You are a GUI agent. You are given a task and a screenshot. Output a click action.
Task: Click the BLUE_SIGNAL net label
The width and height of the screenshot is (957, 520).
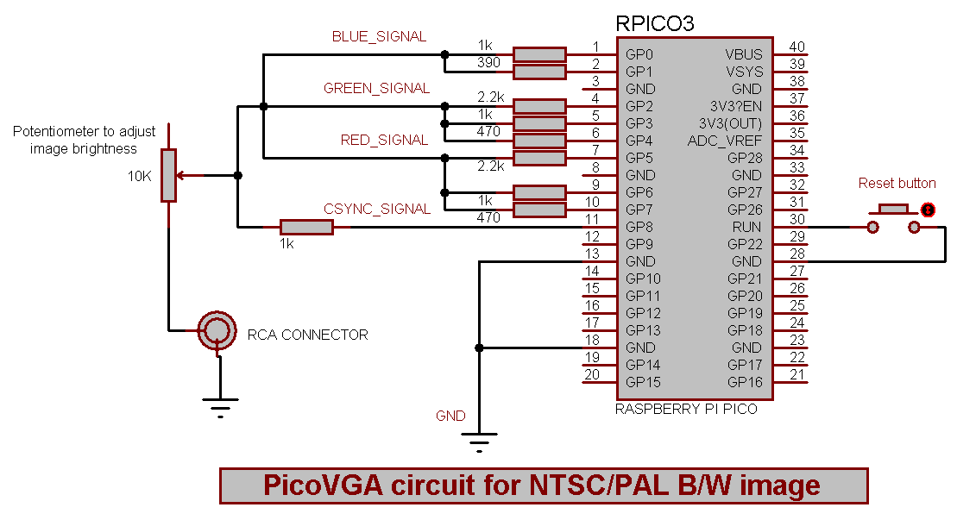[379, 37]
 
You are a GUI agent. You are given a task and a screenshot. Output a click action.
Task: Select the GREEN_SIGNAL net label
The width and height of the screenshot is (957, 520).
[376, 88]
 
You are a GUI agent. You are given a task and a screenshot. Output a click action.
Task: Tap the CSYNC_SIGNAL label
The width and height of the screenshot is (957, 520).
[376, 209]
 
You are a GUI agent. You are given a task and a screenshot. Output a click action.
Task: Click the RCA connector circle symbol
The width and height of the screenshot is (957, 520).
[216, 329]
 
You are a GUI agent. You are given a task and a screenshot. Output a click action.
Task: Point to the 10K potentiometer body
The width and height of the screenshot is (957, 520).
[168, 175]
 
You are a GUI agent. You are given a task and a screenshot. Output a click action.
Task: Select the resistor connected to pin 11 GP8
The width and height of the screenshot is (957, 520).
[306, 227]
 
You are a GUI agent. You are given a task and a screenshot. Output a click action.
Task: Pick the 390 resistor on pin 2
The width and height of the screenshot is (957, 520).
[538, 72]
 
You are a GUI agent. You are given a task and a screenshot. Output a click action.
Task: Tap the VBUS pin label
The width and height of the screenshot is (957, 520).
[744, 54]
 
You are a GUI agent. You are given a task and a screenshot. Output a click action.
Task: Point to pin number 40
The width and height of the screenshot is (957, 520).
[797, 47]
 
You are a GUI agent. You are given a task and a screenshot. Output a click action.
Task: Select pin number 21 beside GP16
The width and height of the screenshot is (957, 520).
[797, 375]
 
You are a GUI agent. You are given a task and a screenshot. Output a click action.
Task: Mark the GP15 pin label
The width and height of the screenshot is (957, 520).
[643, 382]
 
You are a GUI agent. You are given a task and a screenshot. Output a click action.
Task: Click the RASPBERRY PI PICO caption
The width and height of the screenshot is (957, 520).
[686, 409]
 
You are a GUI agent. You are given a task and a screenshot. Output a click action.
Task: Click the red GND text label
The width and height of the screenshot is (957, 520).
[450, 416]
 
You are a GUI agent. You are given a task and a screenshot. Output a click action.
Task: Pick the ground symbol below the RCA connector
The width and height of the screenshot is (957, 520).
[220, 405]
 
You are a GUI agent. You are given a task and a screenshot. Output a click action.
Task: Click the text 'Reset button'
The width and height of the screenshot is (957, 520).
[897, 183]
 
